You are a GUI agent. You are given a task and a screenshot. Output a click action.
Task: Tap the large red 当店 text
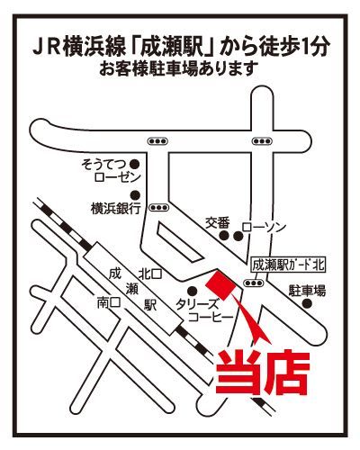[263, 372]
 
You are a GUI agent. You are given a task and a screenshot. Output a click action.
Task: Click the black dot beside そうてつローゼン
[134, 164]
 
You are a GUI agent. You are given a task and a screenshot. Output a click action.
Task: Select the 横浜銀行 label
[116, 208]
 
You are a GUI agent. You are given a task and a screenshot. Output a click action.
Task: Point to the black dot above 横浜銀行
[136, 194]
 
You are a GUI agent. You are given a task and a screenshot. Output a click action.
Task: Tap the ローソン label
[264, 227]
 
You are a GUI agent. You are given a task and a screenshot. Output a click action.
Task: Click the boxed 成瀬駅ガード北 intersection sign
[289, 265]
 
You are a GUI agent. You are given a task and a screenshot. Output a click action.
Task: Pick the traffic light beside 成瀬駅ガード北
[254, 283]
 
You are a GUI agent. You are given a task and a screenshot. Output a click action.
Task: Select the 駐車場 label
[307, 291]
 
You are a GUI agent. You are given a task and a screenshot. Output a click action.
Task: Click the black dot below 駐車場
[307, 304]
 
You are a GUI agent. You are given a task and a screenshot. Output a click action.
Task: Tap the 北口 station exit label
[150, 274]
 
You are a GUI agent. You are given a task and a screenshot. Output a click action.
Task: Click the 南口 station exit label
[109, 303]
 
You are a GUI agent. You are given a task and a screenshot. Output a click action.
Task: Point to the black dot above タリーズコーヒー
[192, 291]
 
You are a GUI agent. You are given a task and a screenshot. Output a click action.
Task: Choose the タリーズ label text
[196, 305]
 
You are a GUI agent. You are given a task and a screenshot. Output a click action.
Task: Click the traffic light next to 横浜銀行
[158, 207]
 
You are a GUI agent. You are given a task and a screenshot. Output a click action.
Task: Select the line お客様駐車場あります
[179, 68]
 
